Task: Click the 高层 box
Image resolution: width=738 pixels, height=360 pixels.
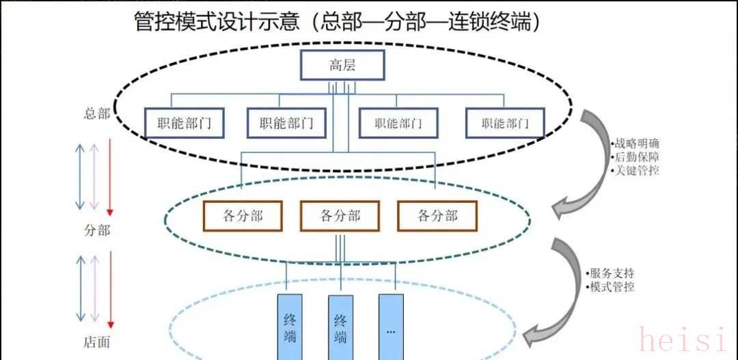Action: (x=342, y=66)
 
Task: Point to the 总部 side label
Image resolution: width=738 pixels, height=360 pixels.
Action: (x=96, y=114)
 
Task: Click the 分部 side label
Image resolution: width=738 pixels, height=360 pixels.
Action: (x=96, y=230)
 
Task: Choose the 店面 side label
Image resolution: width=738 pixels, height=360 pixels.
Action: (x=96, y=342)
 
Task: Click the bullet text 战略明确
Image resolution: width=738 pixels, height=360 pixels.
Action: (x=637, y=143)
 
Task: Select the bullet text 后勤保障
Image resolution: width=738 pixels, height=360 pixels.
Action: (x=637, y=157)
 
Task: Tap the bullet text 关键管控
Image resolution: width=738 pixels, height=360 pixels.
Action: (x=637, y=171)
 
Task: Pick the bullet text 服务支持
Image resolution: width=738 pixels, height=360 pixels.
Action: (x=612, y=273)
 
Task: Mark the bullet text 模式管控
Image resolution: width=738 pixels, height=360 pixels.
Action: (x=612, y=287)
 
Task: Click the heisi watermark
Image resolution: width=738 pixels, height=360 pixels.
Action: (x=682, y=340)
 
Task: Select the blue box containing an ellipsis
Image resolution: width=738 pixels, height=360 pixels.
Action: (x=391, y=328)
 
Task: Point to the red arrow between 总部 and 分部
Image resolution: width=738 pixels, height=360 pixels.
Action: (x=109, y=176)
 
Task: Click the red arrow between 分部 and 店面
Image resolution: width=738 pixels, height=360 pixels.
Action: (x=109, y=290)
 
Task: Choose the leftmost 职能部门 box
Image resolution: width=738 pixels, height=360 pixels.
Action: (x=184, y=124)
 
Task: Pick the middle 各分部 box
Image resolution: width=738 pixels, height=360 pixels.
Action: (x=340, y=217)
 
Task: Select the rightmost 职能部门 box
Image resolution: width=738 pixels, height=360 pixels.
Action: (x=505, y=124)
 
